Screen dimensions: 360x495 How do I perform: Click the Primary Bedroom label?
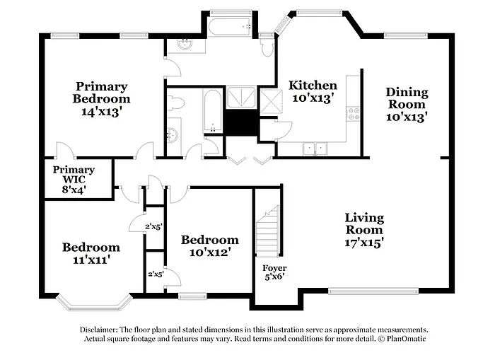[101, 98]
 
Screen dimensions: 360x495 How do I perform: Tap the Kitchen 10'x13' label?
[313, 91]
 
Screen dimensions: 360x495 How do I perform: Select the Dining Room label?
[407, 105]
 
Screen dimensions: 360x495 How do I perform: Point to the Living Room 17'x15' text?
[364, 229]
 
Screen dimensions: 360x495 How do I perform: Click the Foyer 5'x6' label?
[274, 272]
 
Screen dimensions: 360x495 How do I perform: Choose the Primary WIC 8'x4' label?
[74, 180]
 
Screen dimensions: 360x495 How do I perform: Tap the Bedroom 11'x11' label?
[91, 253]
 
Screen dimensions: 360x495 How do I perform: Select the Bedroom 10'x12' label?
[209, 245]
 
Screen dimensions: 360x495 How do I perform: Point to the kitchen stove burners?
[353, 112]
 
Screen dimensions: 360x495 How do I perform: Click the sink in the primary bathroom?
[184, 45]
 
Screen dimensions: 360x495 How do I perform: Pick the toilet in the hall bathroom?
[176, 103]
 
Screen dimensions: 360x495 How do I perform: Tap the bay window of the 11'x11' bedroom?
[94, 303]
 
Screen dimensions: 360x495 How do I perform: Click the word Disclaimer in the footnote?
[98, 330]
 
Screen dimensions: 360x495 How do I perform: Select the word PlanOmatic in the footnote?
[406, 339]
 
